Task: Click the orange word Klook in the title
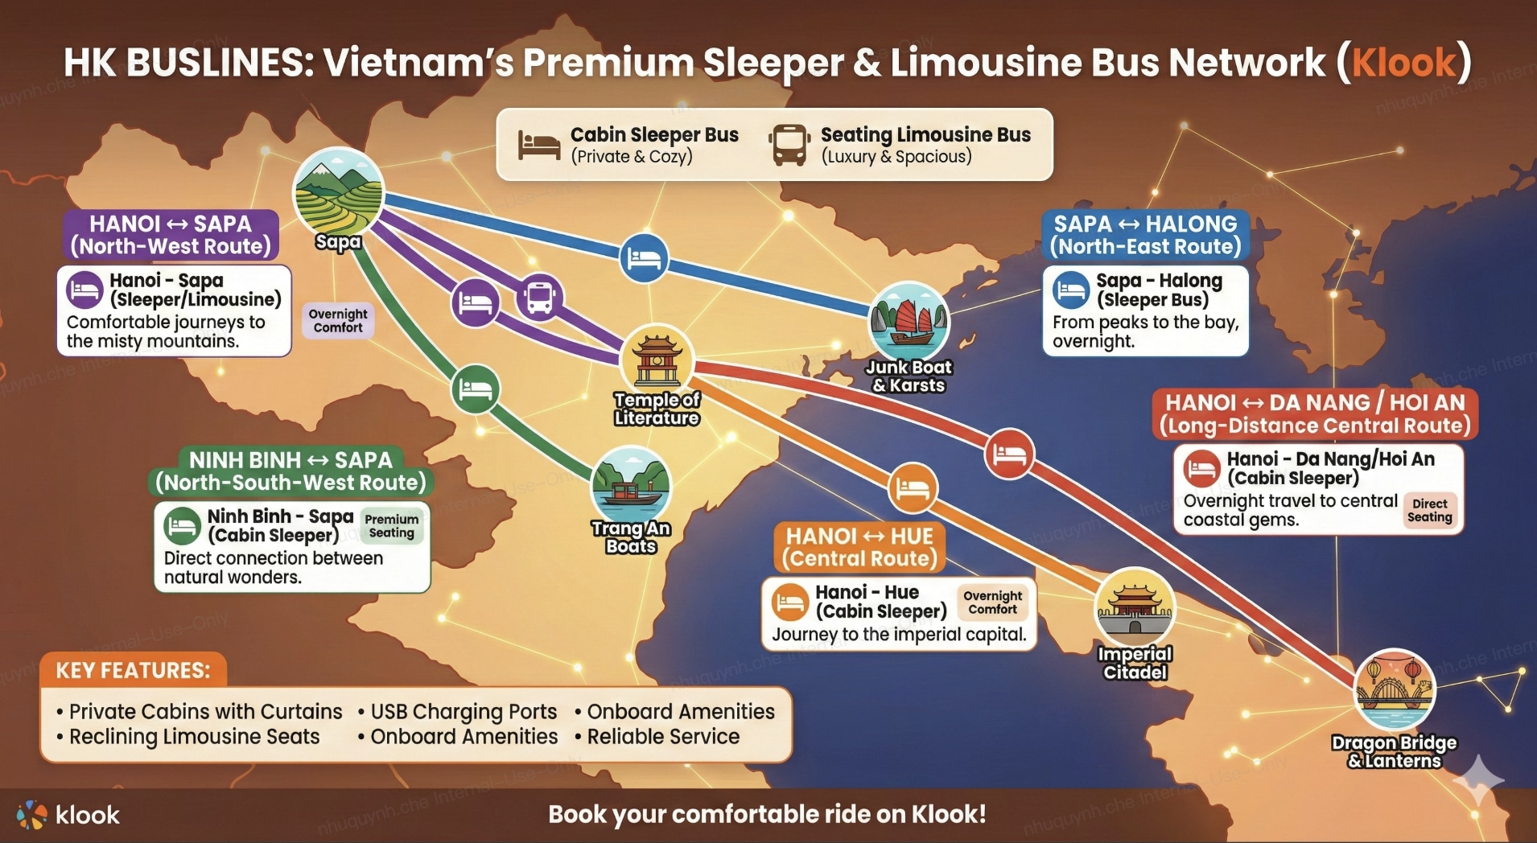click(x=1403, y=63)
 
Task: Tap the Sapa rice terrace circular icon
click(x=338, y=192)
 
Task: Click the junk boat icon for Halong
click(x=909, y=322)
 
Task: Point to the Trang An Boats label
click(x=632, y=537)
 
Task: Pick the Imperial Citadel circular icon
click(x=1135, y=608)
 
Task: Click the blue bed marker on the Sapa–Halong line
click(x=644, y=258)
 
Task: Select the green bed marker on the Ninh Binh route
click(x=475, y=389)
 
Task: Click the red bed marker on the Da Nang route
click(x=1009, y=454)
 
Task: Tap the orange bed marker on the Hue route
click(x=913, y=488)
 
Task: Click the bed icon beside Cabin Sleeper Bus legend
click(x=539, y=145)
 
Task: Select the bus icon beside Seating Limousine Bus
click(x=789, y=145)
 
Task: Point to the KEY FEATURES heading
click(x=133, y=670)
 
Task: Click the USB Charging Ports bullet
click(x=463, y=712)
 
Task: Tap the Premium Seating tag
click(x=391, y=526)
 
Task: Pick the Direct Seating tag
click(x=1429, y=511)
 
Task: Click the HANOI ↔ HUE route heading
click(x=859, y=547)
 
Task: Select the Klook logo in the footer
click(x=68, y=815)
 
